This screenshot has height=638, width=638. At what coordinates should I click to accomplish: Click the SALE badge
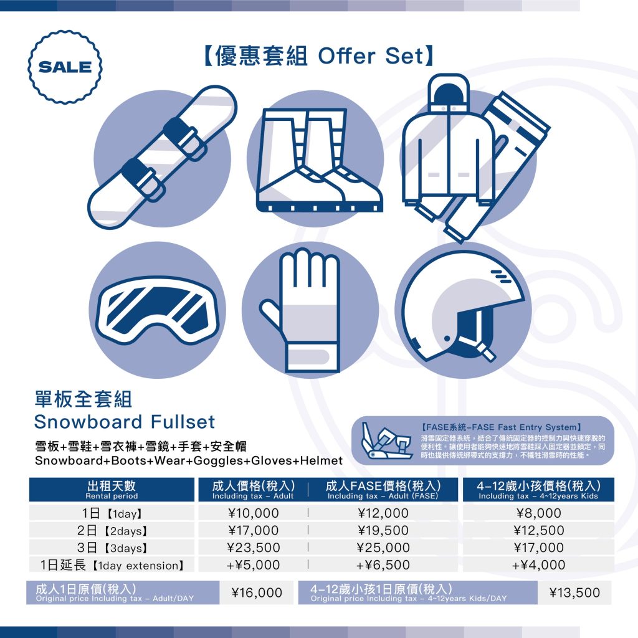(x=65, y=67)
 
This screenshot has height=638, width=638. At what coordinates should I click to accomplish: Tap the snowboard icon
(x=162, y=158)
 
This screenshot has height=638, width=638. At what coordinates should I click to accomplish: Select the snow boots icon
(x=320, y=160)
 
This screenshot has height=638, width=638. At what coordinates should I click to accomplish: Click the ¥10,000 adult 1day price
(x=253, y=513)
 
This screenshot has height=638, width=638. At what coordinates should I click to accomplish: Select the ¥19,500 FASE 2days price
(x=383, y=530)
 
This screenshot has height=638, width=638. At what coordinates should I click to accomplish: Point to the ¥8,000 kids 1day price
(x=539, y=513)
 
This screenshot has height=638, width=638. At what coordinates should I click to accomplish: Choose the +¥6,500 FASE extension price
(x=383, y=564)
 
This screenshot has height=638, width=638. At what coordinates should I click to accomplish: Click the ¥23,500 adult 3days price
(x=253, y=548)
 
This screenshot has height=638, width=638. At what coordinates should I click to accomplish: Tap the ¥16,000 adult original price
(x=257, y=593)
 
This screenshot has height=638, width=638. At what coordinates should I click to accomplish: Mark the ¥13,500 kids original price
(x=574, y=593)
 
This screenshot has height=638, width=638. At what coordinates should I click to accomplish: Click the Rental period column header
(x=112, y=490)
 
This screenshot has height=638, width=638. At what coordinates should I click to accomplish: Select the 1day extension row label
(x=112, y=564)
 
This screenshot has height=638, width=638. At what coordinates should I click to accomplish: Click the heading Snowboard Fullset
(x=125, y=422)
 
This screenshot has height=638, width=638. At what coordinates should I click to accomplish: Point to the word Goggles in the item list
(x=219, y=461)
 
